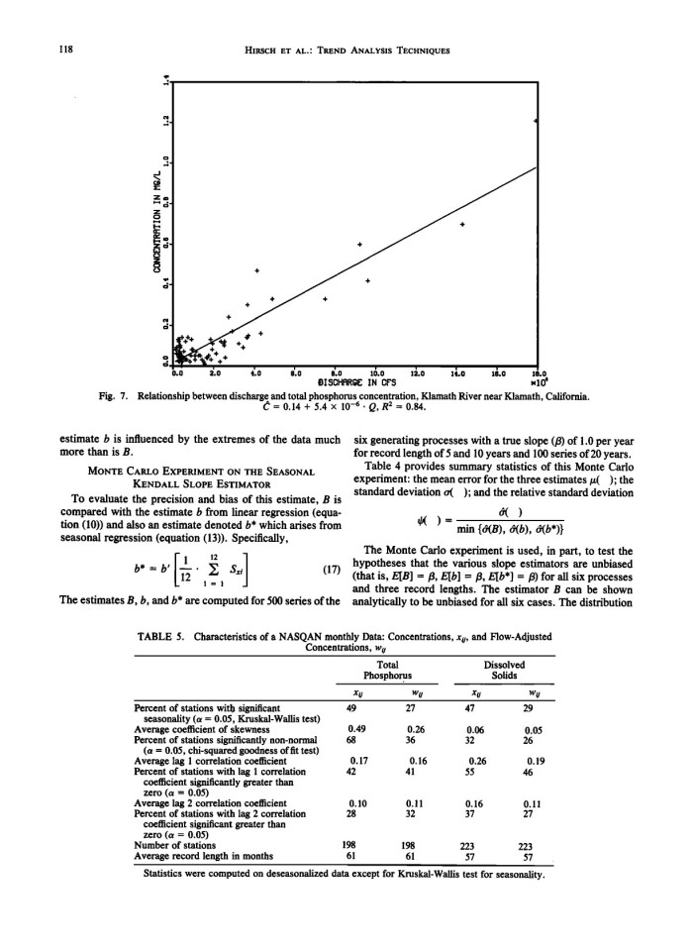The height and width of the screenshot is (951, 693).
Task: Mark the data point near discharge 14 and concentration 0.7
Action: (462, 225)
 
